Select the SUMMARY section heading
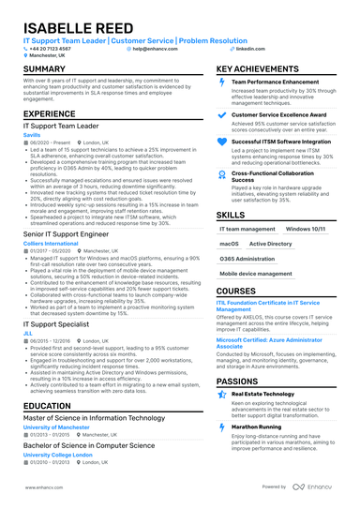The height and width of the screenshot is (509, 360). tap(44, 70)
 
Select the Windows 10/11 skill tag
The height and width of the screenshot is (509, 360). tap(304, 228)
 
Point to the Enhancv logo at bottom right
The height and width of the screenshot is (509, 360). tap(316, 487)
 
